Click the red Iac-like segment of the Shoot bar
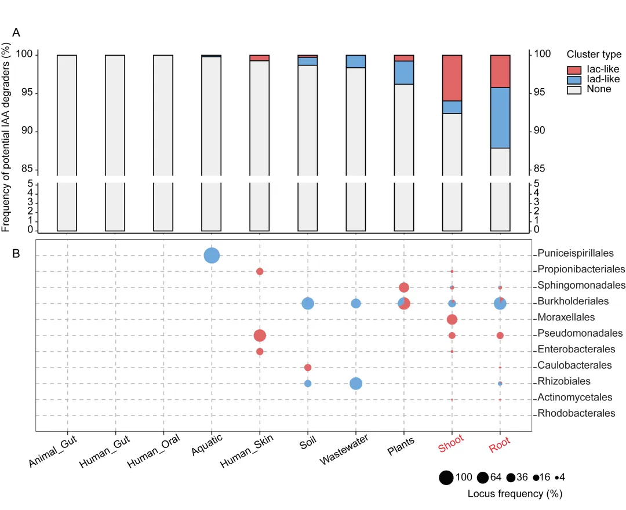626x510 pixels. pos(452,78)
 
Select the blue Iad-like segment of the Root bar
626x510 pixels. pos(500,118)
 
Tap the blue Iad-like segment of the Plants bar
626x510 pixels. pos(404,72)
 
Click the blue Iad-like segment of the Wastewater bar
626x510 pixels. pos(356,61)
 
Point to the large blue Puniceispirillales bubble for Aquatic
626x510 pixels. pos(212,256)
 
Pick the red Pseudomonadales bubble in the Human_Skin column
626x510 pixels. pos(260,336)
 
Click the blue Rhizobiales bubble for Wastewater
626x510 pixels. pos(356,384)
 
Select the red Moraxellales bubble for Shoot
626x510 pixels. pos(452,319)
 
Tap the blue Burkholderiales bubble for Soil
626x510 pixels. pos(308,303)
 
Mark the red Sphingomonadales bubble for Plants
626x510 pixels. pos(404,287)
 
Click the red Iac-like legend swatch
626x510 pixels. pos(574,70)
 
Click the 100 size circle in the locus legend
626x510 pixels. pos(446,478)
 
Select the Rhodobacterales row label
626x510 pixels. pos(576,414)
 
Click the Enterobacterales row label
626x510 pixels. pos(576,349)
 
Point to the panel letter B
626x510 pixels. pos(17,254)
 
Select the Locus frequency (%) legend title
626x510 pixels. pos(515,494)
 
